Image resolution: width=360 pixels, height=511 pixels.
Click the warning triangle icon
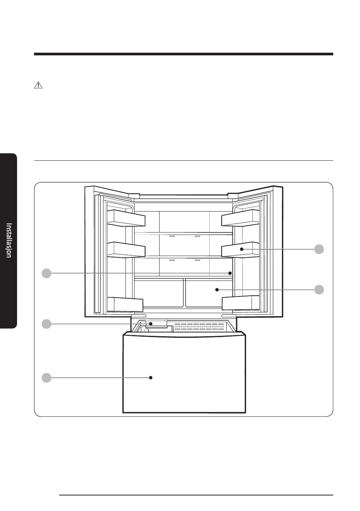point(38,85)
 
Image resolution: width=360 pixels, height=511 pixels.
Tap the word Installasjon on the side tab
point(9,240)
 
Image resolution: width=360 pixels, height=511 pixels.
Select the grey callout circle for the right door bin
point(319,249)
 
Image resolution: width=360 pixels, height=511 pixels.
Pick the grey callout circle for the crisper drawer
point(319,290)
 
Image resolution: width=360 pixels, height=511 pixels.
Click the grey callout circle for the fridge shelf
point(47,273)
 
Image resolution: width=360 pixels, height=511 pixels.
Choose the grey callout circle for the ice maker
point(47,324)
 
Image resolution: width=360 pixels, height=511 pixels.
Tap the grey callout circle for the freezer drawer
point(47,378)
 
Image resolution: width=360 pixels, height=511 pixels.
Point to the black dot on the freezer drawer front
point(150,378)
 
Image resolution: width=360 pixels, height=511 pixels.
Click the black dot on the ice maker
point(150,324)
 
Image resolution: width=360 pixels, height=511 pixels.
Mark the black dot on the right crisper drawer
point(217,290)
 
